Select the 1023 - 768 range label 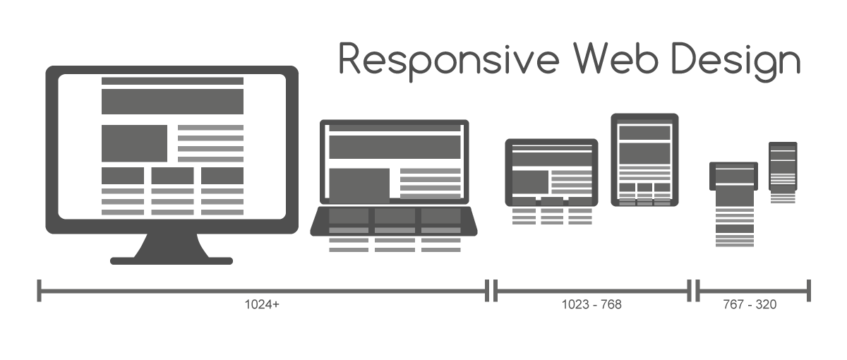tap(591, 305)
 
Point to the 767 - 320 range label tap(750, 305)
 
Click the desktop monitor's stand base tap(172, 260)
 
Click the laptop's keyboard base tap(394, 220)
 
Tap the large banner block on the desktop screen tap(172, 101)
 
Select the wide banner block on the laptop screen tap(394, 148)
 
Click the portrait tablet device tap(644, 160)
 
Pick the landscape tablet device tap(551, 172)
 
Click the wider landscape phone tap(733, 176)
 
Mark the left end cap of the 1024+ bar tap(40, 290)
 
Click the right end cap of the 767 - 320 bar tap(809, 290)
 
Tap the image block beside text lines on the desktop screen tap(134, 143)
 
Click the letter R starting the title tap(352, 59)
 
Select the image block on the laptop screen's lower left tap(359, 184)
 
